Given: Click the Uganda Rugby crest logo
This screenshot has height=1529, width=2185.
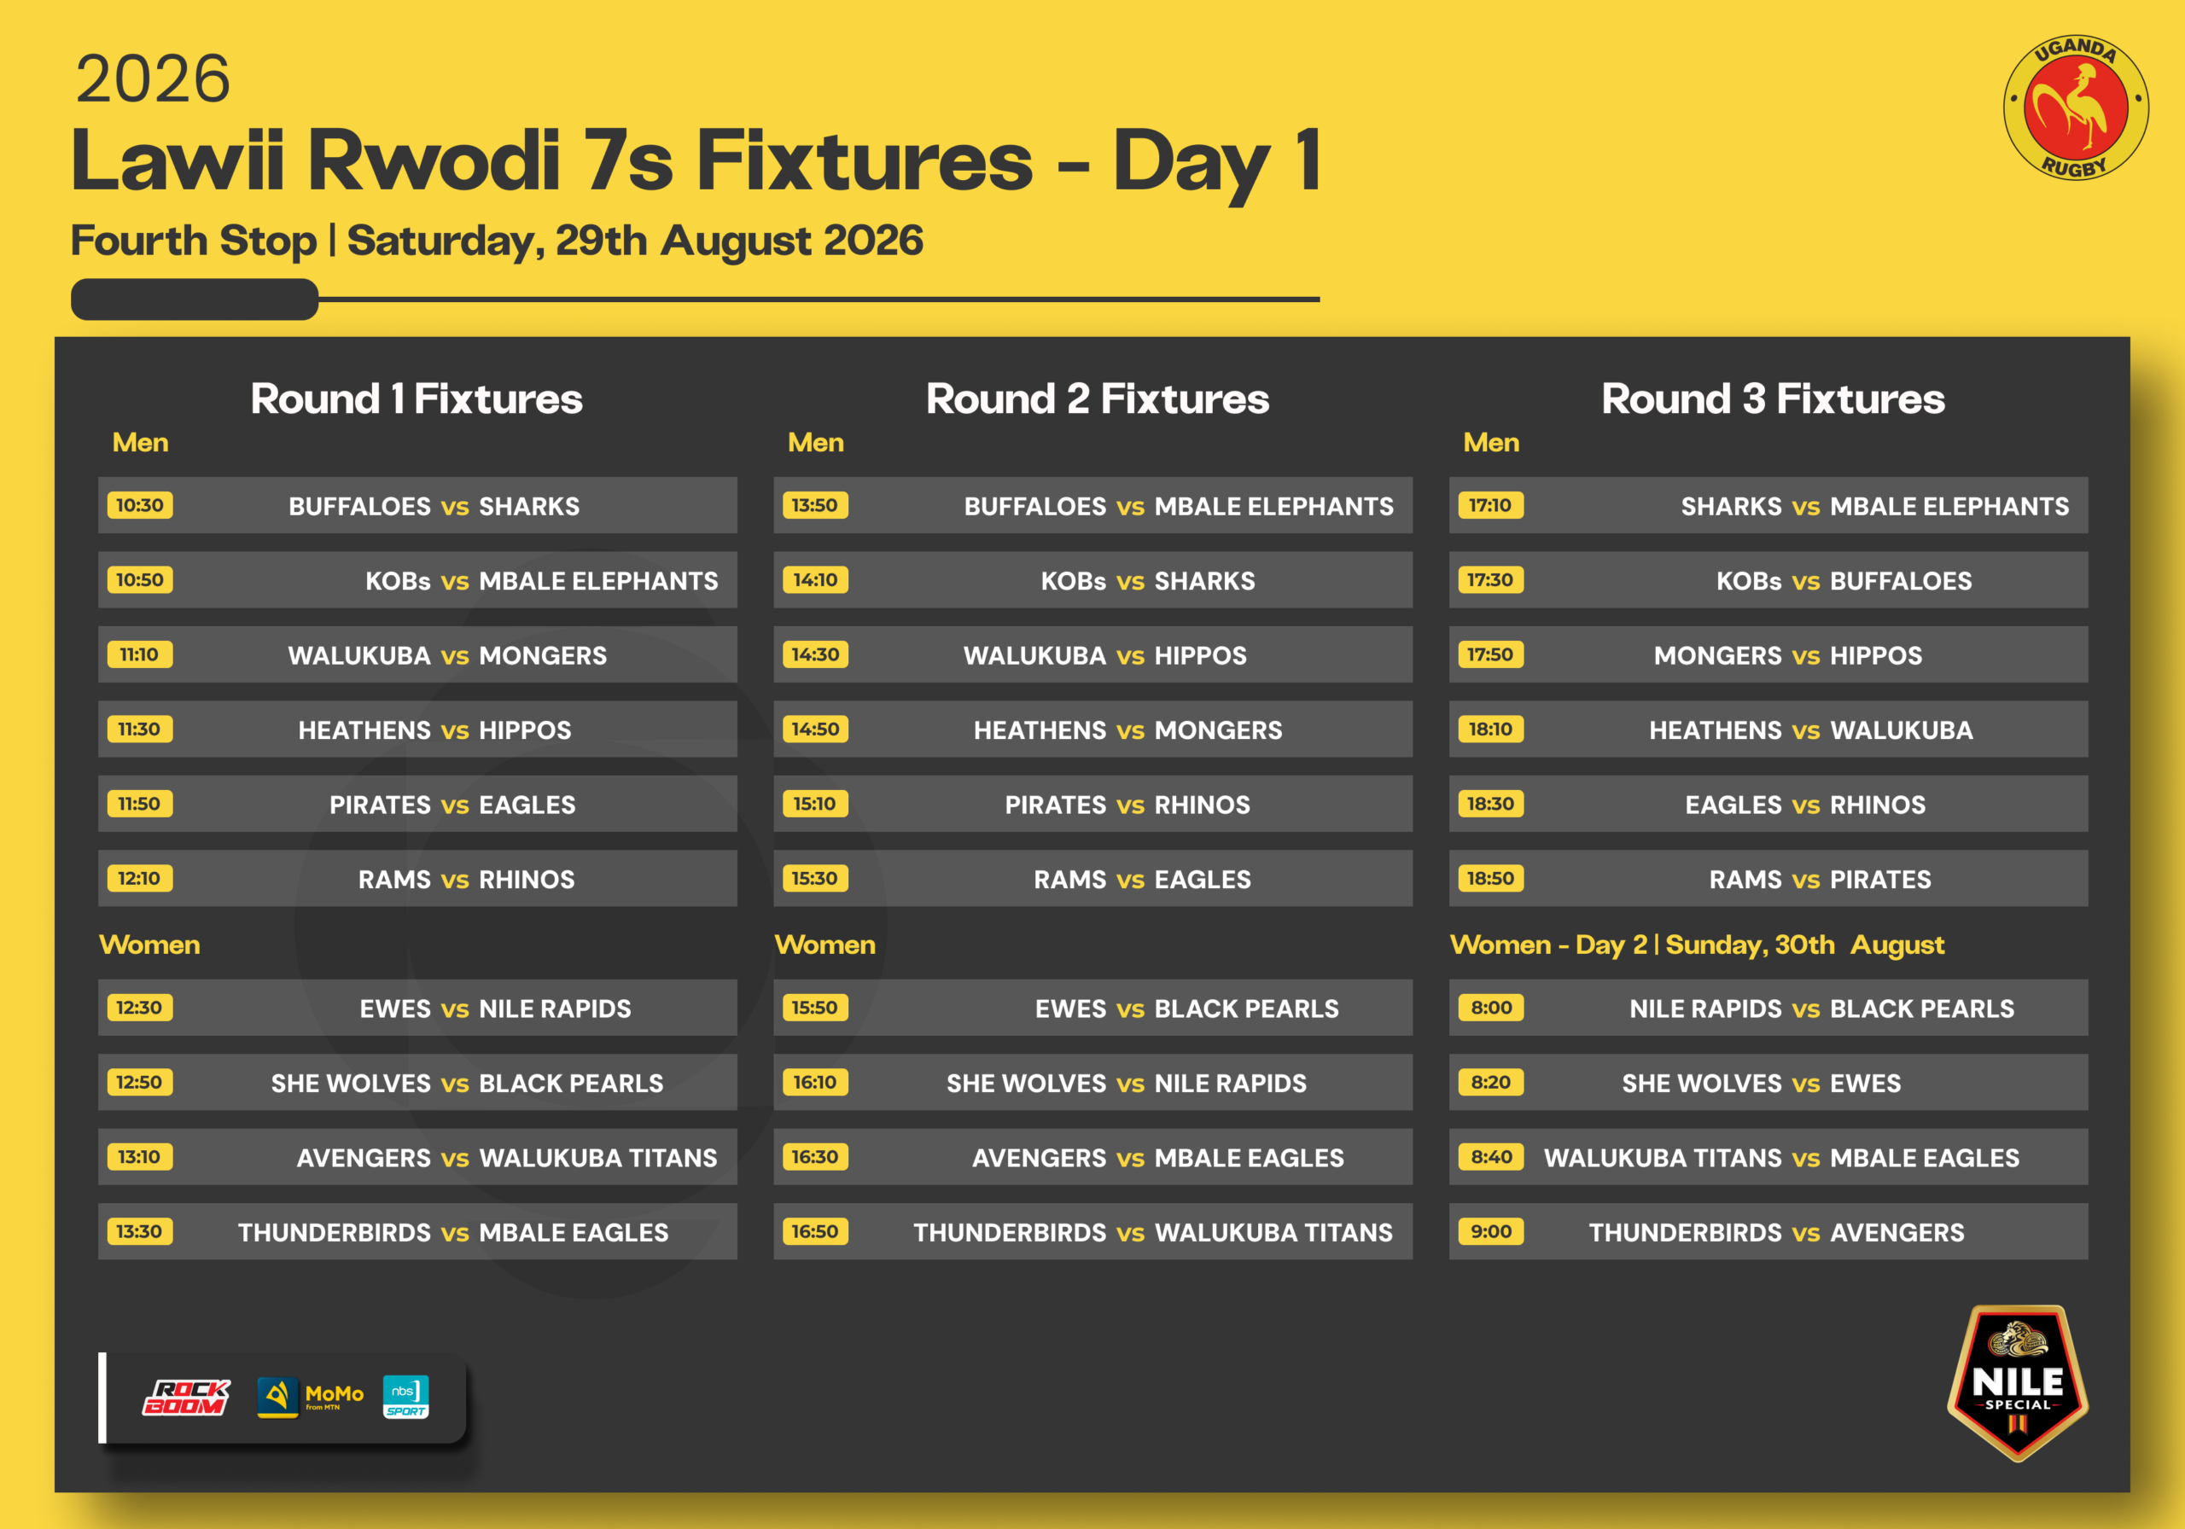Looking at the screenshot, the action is click(2076, 107).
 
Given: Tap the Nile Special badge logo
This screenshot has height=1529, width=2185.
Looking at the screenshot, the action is click(2018, 1382).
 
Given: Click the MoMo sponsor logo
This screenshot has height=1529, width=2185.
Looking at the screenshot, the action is click(310, 1398).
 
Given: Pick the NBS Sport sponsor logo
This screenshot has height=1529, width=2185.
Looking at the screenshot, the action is click(405, 1397).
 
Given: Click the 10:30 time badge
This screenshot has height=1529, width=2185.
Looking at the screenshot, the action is click(140, 505).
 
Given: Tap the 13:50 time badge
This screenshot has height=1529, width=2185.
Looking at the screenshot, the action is click(816, 505).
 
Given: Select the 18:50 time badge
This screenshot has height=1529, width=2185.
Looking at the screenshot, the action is click(1490, 878).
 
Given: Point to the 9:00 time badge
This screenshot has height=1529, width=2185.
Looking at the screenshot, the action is click(1490, 1231).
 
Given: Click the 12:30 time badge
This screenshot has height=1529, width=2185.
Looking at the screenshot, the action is click(140, 1008).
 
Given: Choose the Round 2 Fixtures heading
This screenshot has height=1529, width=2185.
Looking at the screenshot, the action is click(1098, 398).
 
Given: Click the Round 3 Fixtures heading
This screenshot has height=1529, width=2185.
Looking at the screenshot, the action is click(1773, 398).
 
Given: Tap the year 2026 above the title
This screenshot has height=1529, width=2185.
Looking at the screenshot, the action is click(154, 79).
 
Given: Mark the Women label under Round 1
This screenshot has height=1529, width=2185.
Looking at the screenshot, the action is click(149, 945).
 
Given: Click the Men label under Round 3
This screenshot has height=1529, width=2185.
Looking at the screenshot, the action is click(1491, 443).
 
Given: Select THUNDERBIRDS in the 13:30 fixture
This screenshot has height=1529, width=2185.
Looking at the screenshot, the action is click(334, 1232).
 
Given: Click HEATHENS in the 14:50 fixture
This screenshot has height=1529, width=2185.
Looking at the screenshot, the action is click(1040, 730).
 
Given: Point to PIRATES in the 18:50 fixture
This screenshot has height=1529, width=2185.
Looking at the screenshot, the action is click(1880, 879).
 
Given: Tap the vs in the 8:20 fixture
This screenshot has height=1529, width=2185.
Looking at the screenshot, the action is click(1806, 1084).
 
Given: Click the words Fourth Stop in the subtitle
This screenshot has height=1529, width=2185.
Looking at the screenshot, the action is click(193, 241).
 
